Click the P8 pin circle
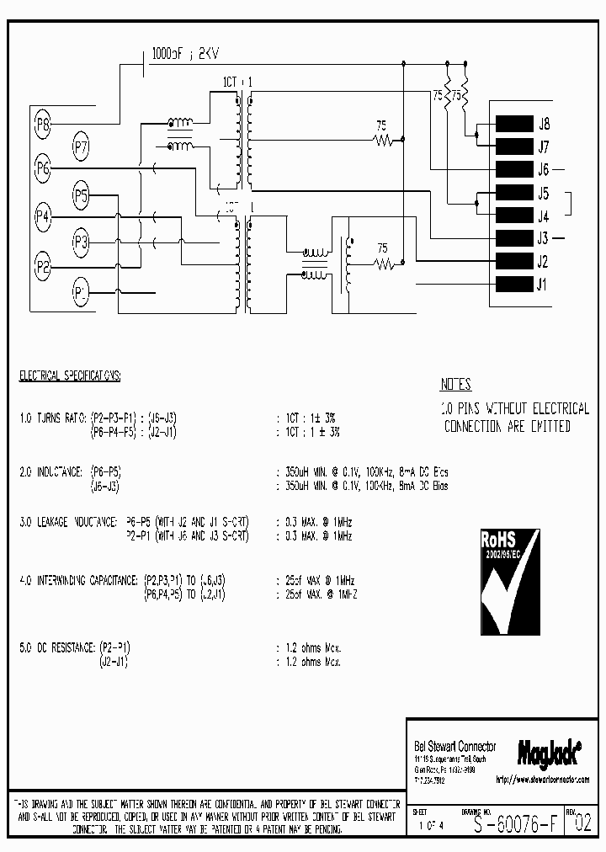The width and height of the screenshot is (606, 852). pyautogui.click(x=43, y=126)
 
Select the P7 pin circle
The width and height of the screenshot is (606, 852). pyautogui.click(x=81, y=148)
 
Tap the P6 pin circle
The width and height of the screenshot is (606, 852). pyautogui.click(x=43, y=170)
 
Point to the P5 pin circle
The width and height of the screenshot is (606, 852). pyautogui.click(x=81, y=197)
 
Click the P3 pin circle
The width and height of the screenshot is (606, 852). pyautogui.click(x=81, y=243)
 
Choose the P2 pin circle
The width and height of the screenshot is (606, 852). pyautogui.click(x=43, y=267)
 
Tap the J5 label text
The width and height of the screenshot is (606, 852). pyautogui.click(x=543, y=192)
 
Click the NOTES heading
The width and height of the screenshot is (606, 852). pyautogui.click(x=455, y=385)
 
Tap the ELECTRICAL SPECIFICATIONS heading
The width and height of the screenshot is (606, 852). pyautogui.click(x=71, y=375)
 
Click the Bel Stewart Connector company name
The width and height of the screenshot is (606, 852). pyautogui.click(x=454, y=746)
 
